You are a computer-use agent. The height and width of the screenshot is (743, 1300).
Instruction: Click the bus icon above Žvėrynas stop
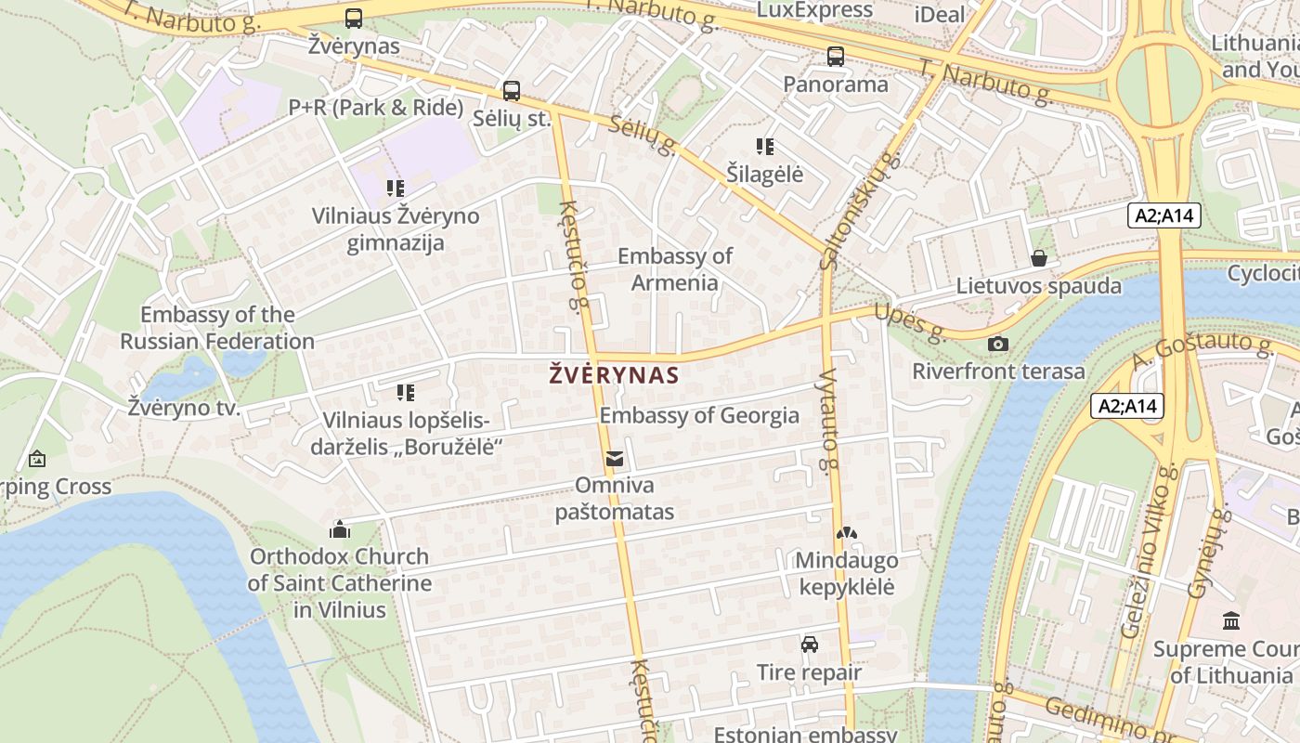pyautogui.click(x=354, y=18)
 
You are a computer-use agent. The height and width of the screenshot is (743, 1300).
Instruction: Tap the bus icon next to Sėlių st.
pyautogui.click(x=512, y=91)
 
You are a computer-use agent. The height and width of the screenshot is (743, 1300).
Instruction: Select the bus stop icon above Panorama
pyautogui.click(x=836, y=57)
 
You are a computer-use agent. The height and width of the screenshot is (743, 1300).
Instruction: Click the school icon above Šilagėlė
pyautogui.click(x=765, y=147)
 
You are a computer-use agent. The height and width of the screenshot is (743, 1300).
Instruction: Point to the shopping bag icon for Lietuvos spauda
pyautogui.click(x=1039, y=258)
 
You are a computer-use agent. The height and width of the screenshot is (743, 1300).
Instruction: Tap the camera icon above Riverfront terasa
pyautogui.click(x=998, y=345)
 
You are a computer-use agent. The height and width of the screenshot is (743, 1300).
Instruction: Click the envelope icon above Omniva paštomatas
pyautogui.click(x=615, y=459)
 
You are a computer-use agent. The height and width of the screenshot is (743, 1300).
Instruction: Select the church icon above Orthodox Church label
pyautogui.click(x=340, y=530)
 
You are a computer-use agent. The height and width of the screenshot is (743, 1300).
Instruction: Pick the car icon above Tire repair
pyautogui.click(x=810, y=645)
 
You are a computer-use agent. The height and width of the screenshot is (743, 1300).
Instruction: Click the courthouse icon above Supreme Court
pyautogui.click(x=1231, y=620)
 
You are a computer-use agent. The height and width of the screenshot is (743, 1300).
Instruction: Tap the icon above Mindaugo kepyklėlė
pyautogui.click(x=845, y=534)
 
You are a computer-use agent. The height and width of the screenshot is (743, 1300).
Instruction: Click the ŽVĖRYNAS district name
pyautogui.click(x=614, y=376)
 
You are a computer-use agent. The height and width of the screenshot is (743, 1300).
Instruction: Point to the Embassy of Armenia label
pyautogui.click(x=675, y=269)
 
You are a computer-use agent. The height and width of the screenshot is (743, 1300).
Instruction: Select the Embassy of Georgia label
pyautogui.click(x=699, y=415)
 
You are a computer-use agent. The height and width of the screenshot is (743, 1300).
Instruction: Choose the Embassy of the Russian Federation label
pyautogui.click(x=217, y=328)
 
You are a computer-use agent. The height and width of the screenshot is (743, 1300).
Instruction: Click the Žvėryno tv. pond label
pyautogui.click(x=184, y=408)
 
